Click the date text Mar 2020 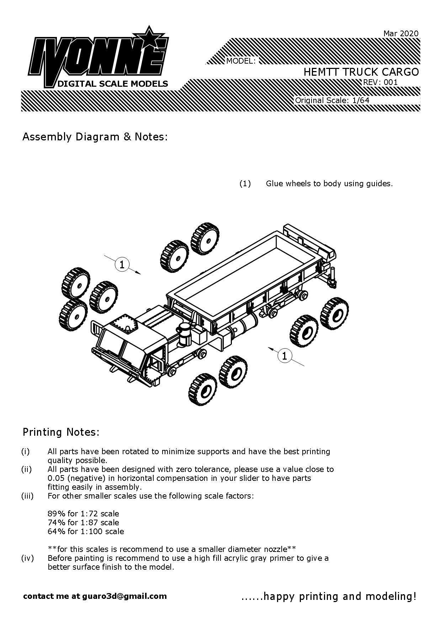(401, 33)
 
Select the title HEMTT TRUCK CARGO (361, 72)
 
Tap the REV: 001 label (380, 82)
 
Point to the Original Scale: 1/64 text (332, 100)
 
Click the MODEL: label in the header (241, 61)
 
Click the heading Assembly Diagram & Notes (95, 137)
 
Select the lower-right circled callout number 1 (284, 355)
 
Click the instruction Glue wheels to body (329, 184)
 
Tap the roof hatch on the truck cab (125, 324)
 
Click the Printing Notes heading (61, 432)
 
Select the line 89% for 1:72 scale (83, 514)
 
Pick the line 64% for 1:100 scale (86, 531)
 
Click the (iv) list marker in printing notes (27, 558)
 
